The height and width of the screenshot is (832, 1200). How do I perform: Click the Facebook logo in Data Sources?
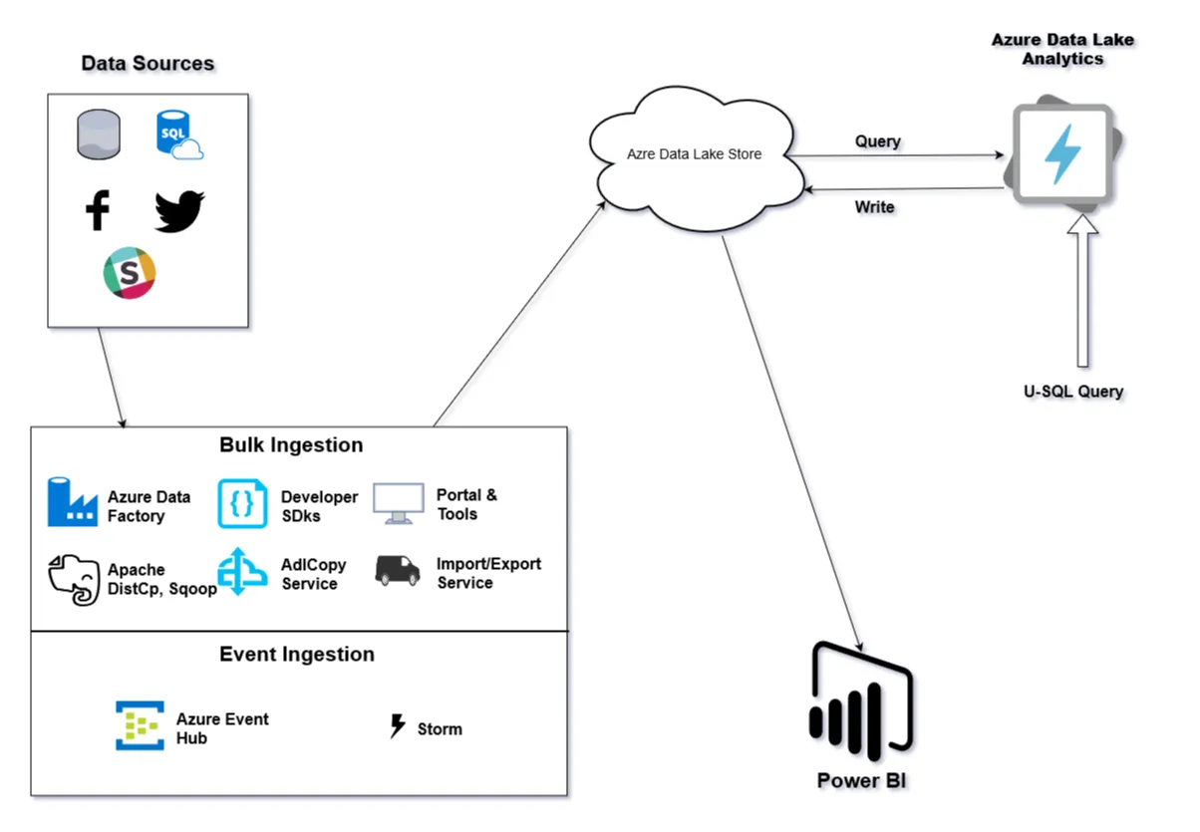point(97,210)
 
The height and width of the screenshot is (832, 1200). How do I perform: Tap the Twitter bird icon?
point(179,211)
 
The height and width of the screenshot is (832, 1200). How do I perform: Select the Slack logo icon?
point(130,273)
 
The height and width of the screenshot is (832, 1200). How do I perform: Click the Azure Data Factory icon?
point(73,502)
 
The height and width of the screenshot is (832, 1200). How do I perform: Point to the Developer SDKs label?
point(319,506)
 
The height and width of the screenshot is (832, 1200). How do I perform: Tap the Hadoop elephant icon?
point(76,579)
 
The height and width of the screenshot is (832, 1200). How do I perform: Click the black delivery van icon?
point(398,571)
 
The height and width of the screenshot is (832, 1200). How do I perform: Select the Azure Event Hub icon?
point(140,726)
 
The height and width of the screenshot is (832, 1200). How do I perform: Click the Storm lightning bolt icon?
point(398,726)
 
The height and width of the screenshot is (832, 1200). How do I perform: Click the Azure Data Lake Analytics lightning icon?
point(1061,154)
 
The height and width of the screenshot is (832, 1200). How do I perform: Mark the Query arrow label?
point(877,141)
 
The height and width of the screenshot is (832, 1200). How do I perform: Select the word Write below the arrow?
point(874,207)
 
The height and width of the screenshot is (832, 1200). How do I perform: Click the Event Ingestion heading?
point(297,655)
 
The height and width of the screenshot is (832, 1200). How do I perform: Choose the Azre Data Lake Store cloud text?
point(694,154)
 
